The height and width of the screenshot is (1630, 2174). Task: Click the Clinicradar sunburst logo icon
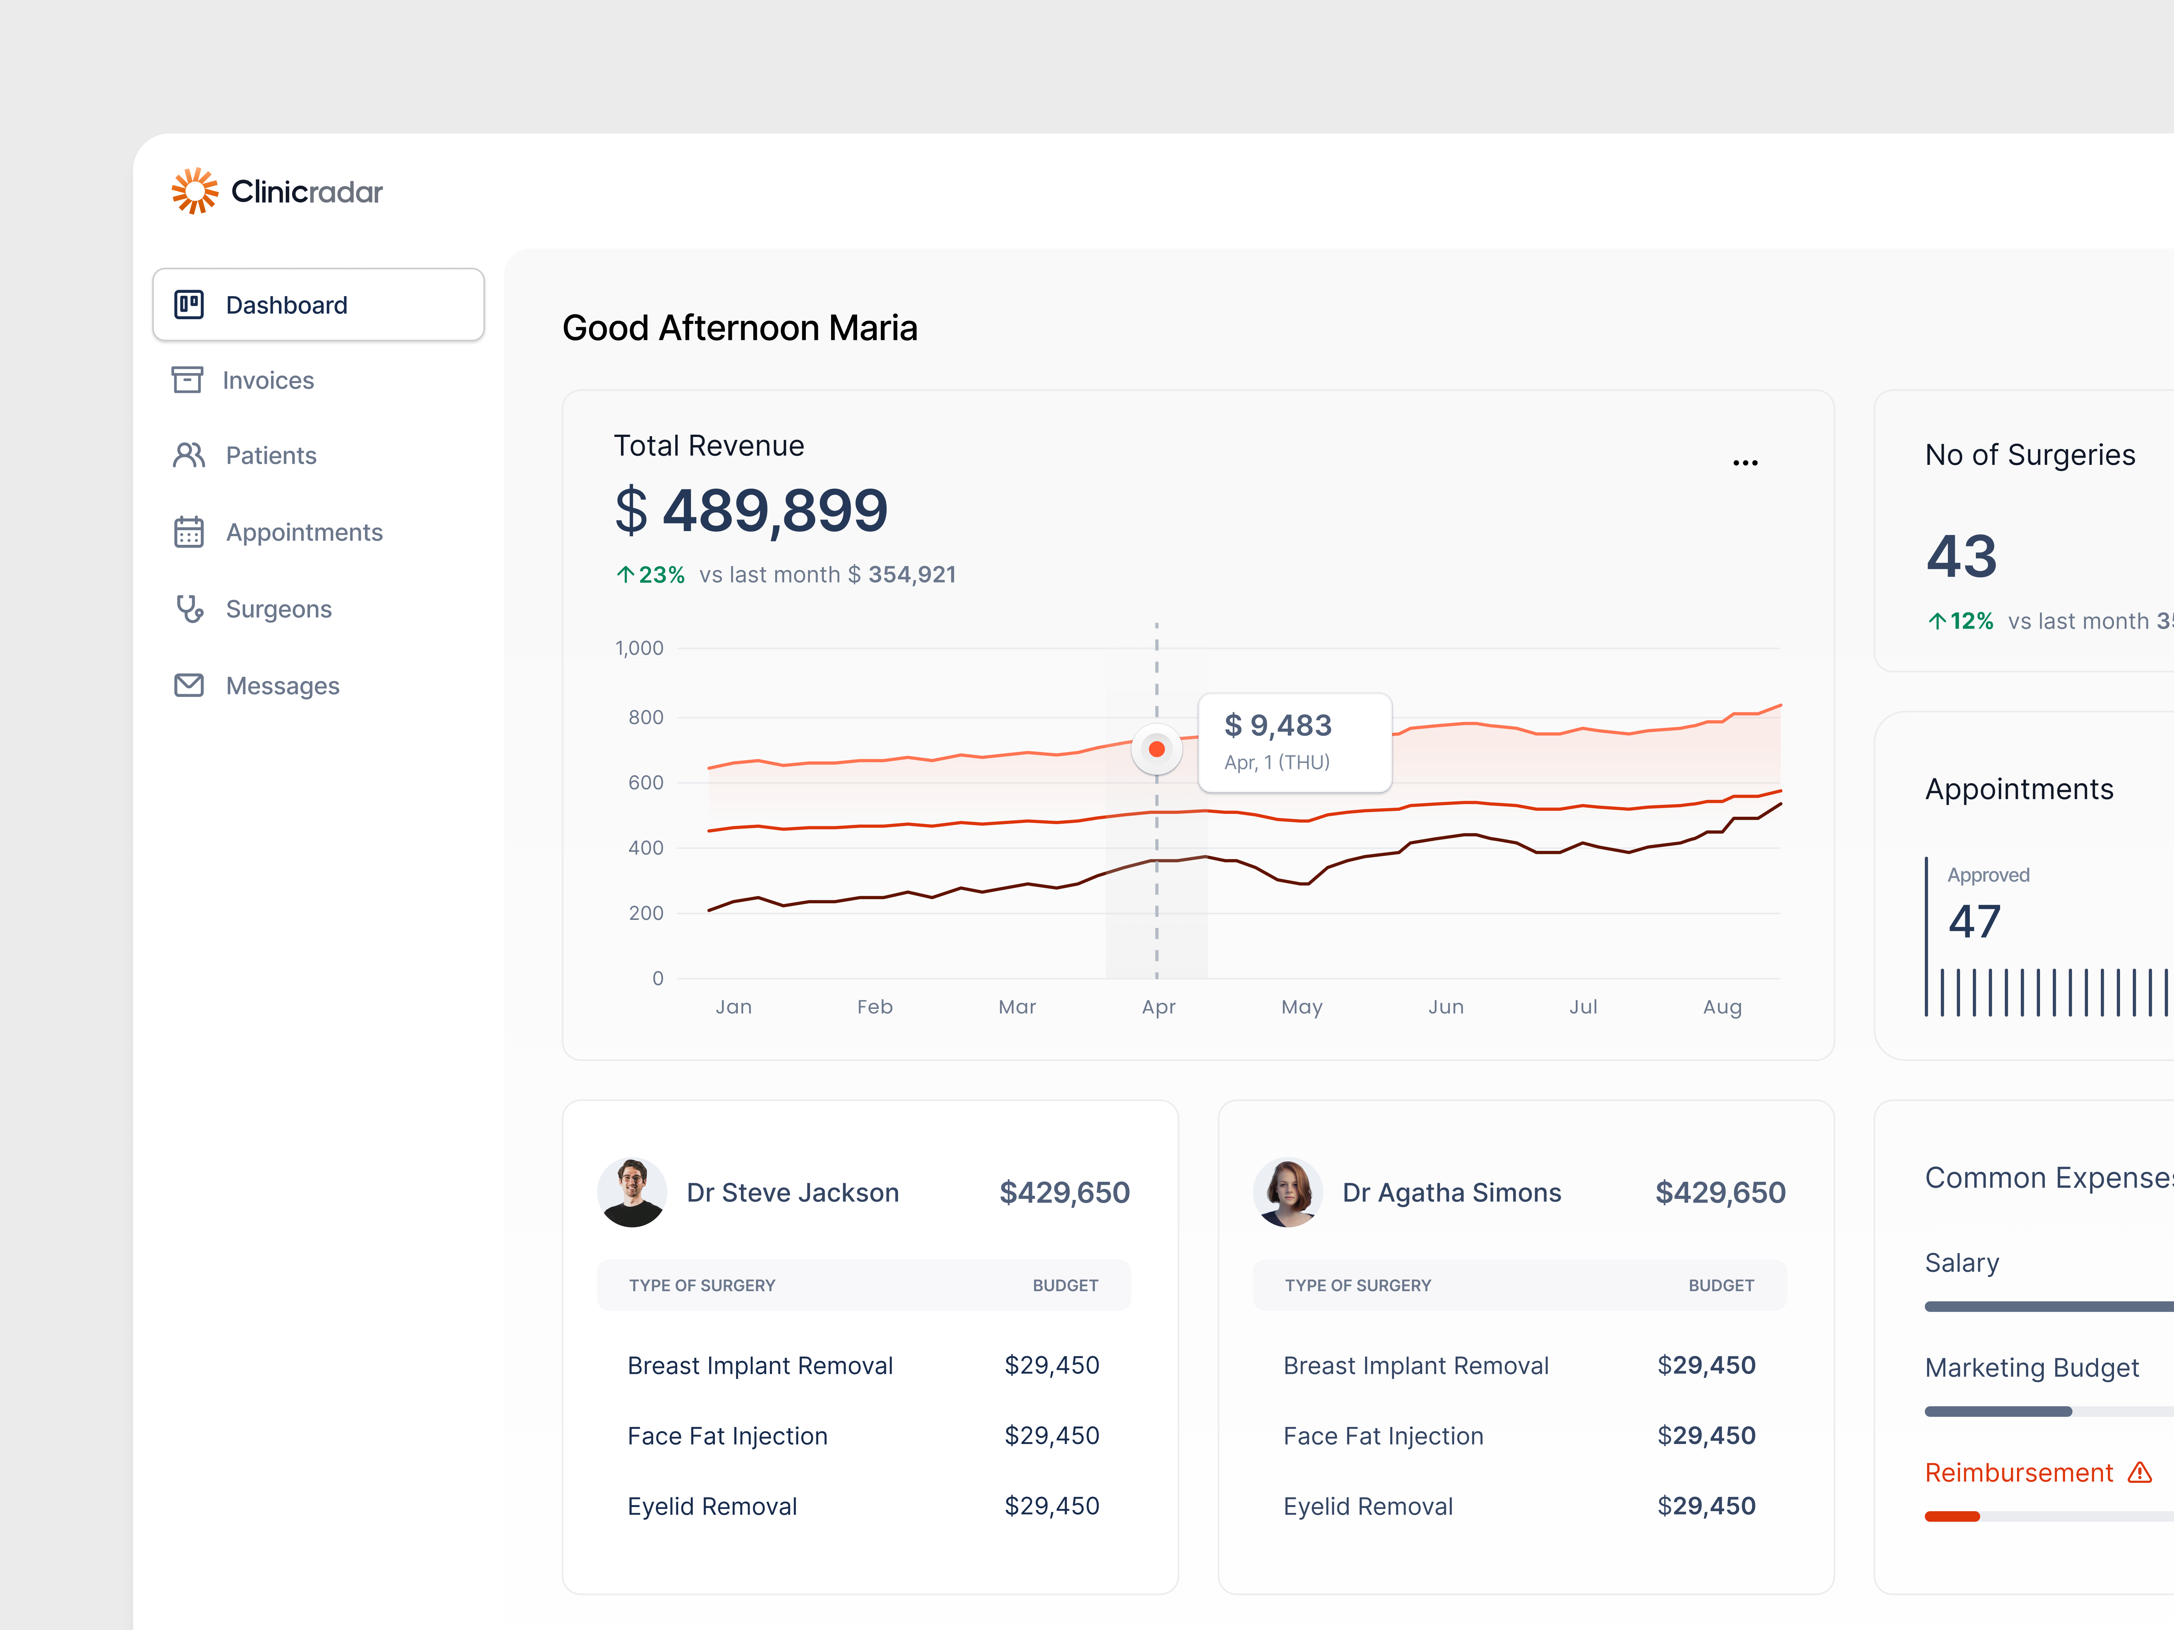point(195,191)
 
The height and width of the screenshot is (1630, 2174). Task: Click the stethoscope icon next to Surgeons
point(189,609)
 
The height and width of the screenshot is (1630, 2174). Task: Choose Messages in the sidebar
point(282,686)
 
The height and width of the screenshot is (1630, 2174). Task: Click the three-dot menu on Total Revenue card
point(1744,462)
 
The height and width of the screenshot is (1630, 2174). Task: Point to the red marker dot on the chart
point(1157,749)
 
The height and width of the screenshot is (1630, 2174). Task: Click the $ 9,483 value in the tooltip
point(1278,725)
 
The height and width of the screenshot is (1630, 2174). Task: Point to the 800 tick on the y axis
point(646,717)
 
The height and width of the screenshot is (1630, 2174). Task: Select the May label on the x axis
point(1301,1007)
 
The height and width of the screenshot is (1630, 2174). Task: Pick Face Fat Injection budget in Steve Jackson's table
point(1051,1435)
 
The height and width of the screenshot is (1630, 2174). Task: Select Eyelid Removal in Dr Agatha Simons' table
point(1367,1506)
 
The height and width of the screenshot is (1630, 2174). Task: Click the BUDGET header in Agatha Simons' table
point(1720,1285)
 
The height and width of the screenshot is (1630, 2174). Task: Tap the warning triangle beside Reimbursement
point(2140,1472)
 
